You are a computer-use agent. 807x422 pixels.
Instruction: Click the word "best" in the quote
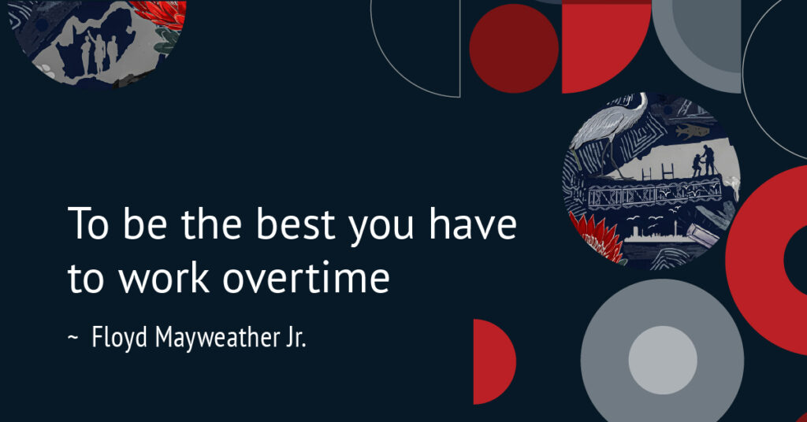(296, 224)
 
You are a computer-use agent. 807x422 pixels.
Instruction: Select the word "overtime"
(307, 278)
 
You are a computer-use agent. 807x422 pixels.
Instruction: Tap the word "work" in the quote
(164, 277)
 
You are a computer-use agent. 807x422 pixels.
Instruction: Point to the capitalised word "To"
(88, 224)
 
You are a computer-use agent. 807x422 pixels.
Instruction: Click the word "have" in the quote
(473, 224)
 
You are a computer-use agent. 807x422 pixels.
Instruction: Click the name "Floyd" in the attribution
(120, 339)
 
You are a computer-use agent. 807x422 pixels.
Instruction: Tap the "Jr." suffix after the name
(293, 339)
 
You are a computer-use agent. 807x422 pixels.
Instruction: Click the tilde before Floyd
(73, 338)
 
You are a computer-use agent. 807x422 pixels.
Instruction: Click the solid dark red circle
(514, 49)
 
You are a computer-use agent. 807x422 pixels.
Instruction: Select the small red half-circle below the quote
(493, 361)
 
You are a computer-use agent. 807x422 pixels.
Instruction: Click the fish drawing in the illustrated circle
(690, 131)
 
